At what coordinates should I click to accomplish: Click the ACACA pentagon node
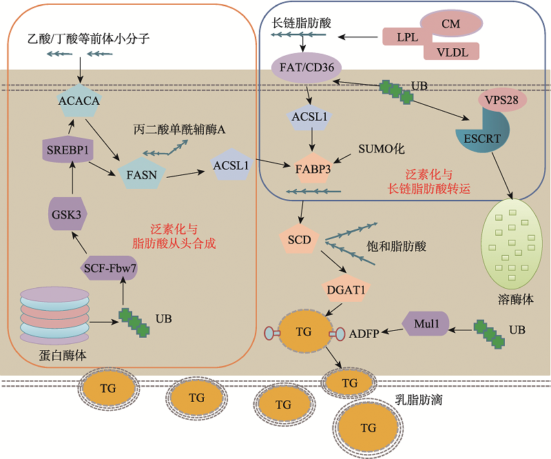[79, 101]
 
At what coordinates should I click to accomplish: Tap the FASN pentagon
[141, 174]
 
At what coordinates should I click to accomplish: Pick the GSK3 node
[66, 214]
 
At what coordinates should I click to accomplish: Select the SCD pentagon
[300, 240]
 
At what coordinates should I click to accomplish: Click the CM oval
[450, 23]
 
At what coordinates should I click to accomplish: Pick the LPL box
[407, 36]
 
